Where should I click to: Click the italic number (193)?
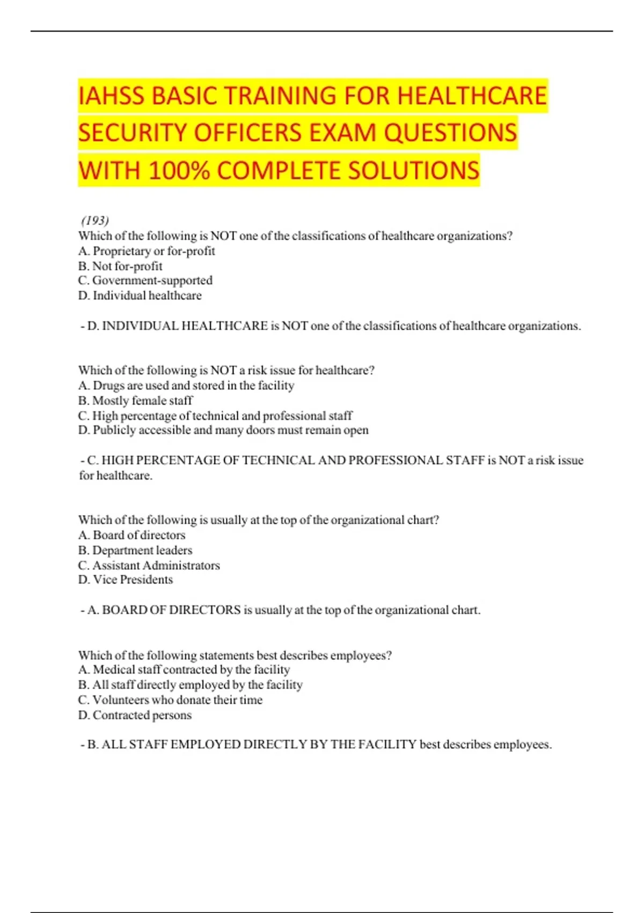95,220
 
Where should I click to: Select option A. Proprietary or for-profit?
147,251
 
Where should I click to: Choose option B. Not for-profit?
120,266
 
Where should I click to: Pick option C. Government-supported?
145,280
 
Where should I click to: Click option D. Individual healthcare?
140,295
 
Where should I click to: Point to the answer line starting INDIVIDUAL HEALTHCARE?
330,326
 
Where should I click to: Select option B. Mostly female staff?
135,401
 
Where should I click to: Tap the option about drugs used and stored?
186,386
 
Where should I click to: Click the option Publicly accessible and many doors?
223,430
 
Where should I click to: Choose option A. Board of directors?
132,535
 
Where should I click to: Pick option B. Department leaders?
135,550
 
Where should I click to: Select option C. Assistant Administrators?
149,565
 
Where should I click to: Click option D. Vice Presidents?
126,579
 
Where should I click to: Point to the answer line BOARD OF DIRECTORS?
280,610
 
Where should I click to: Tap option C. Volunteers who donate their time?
170,700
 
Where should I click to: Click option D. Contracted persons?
135,715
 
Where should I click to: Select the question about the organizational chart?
259,520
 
